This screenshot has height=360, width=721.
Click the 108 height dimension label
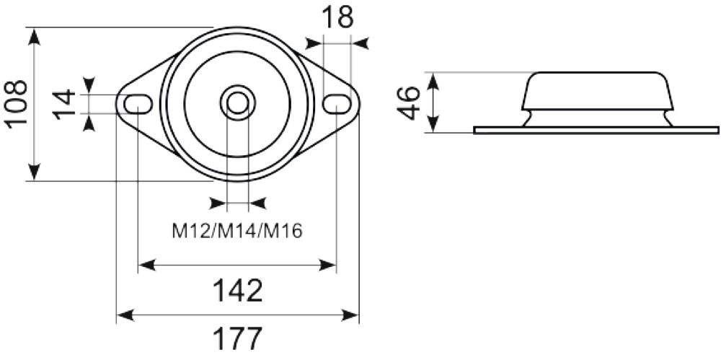point(16,103)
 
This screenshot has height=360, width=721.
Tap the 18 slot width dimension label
point(337,17)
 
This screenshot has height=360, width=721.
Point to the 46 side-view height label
point(409,102)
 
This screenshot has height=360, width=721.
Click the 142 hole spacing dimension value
point(237,291)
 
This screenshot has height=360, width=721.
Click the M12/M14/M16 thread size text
point(237,231)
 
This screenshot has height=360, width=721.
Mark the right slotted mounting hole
point(336,104)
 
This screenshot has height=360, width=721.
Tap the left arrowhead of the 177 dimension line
point(124,315)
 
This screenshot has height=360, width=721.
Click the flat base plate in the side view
point(596,130)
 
